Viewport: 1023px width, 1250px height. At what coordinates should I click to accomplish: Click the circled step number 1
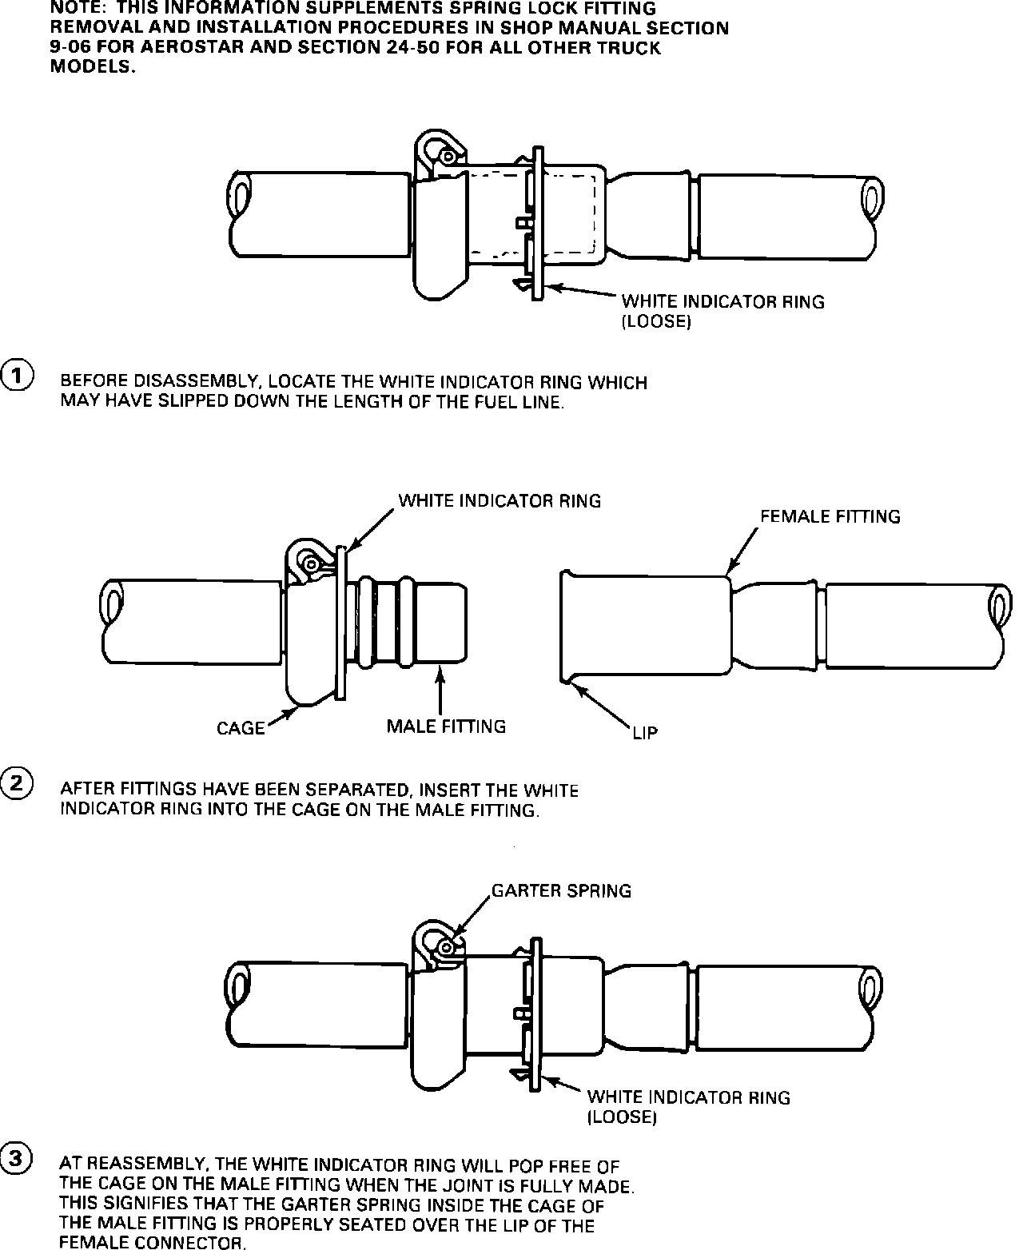click(17, 375)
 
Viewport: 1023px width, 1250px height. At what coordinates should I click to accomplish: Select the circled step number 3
click(17, 1158)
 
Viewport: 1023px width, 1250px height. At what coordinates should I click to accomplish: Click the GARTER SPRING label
click(561, 890)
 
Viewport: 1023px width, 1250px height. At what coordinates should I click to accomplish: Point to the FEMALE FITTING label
click(830, 517)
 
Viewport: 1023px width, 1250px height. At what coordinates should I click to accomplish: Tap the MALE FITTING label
click(446, 727)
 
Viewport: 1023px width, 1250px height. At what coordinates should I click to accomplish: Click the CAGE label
click(241, 728)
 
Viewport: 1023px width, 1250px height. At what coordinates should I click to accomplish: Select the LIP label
click(644, 733)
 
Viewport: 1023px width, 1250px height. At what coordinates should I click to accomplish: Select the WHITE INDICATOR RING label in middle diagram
click(500, 501)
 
